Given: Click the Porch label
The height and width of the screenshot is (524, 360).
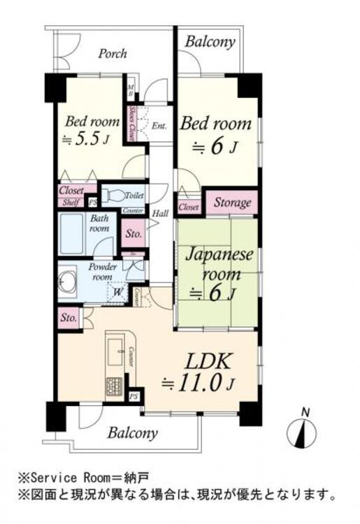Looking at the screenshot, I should (112, 54).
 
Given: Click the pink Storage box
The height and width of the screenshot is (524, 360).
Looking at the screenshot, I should (232, 203).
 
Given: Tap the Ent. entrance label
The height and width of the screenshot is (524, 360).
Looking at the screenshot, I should (159, 126).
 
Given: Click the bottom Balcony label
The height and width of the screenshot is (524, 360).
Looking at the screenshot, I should (132, 433).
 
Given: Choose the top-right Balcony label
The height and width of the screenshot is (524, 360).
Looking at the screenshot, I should (210, 42).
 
